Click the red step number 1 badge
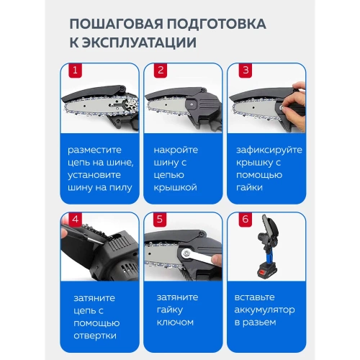(74, 71)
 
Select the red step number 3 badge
(246, 71)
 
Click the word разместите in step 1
(96, 150)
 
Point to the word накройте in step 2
(177, 150)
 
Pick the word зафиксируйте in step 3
(269, 150)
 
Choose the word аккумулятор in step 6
(266, 315)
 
